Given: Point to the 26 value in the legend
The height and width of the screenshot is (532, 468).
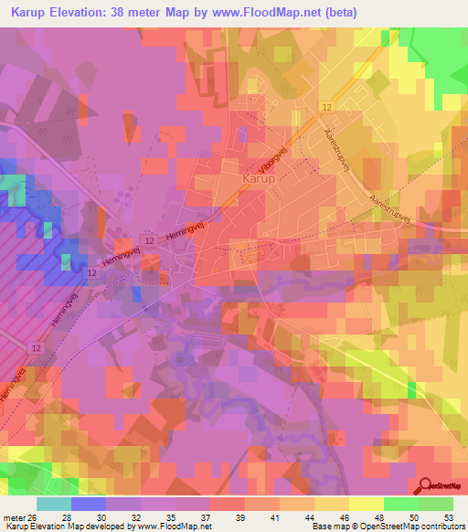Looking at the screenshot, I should coord(33,516).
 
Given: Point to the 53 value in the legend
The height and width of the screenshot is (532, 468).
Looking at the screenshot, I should coord(448,516).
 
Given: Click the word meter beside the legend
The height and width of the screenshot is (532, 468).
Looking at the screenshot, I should coord(13,516).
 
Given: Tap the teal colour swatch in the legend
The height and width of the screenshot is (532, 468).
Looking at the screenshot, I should coord(54,504).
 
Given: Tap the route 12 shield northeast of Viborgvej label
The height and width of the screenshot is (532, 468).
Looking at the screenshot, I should coord(326,108).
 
